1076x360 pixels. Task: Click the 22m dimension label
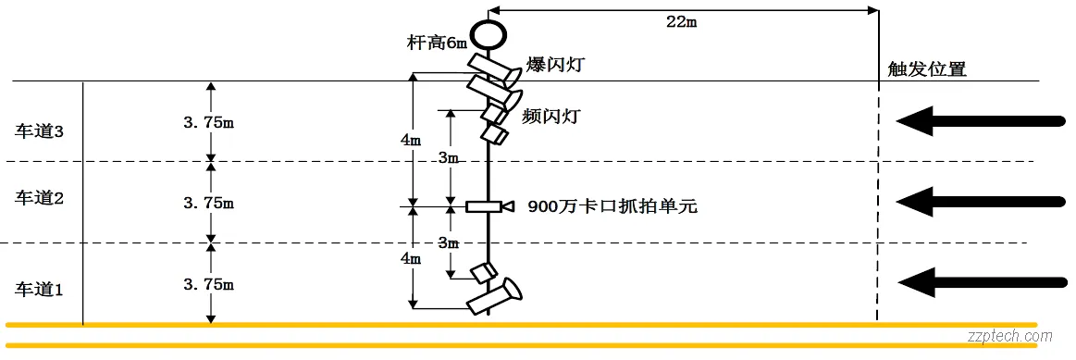(x=680, y=21)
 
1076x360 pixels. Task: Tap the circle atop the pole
(x=489, y=33)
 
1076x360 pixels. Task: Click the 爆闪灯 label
(x=555, y=64)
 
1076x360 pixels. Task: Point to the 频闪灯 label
(x=550, y=117)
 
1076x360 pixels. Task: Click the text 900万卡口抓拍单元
(x=612, y=206)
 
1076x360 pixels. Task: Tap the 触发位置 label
(x=926, y=69)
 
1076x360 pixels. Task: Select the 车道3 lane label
(x=40, y=131)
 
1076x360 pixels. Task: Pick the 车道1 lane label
(x=40, y=289)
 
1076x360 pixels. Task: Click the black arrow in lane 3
(x=981, y=119)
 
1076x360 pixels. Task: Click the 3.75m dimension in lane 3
(x=208, y=120)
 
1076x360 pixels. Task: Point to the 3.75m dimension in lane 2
(x=208, y=202)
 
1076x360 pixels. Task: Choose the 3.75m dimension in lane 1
(x=208, y=284)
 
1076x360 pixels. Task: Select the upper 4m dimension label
(x=410, y=140)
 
